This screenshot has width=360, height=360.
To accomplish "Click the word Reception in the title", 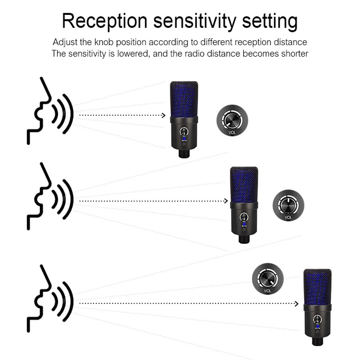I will click(x=105, y=21).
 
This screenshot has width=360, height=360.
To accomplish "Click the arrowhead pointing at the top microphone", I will click(x=164, y=115).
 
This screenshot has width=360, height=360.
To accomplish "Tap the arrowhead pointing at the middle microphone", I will click(x=225, y=201).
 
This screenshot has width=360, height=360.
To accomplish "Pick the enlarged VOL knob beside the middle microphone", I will click(x=288, y=205).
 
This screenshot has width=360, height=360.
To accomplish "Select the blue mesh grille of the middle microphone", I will click(x=244, y=184).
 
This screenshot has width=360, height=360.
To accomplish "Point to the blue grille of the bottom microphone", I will click(x=317, y=287).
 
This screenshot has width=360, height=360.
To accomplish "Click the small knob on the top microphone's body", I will click(x=184, y=132).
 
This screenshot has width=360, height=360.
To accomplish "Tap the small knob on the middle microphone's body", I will click(x=244, y=216).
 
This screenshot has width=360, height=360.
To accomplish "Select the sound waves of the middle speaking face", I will click(x=62, y=199).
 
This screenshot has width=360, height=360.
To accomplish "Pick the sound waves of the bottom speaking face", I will click(x=62, y=302).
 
